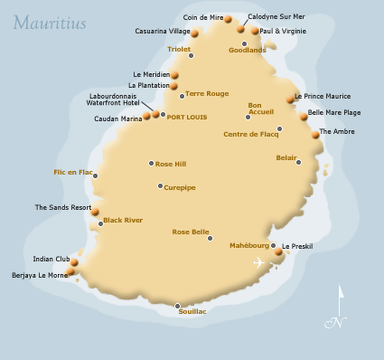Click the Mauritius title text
(x=51, y=22)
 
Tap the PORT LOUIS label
(x=188, y=115)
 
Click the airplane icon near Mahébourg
(x=260, y=263)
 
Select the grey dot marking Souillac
(x=178, y=306)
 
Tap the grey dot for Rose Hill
(x=152, y=164)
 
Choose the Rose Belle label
(x=190, y=232)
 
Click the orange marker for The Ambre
(x=315, y=134)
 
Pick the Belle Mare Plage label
(x=334, y=112)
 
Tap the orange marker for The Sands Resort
(x=95, y=212)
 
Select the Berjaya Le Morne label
(x=38, y=275)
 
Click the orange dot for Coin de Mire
(x=228, y=19)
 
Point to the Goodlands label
(x=247, y=51)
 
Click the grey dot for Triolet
(x=191, y=58)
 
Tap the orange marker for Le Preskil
(x=278, y=252)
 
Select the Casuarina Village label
(x=162, y=31)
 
